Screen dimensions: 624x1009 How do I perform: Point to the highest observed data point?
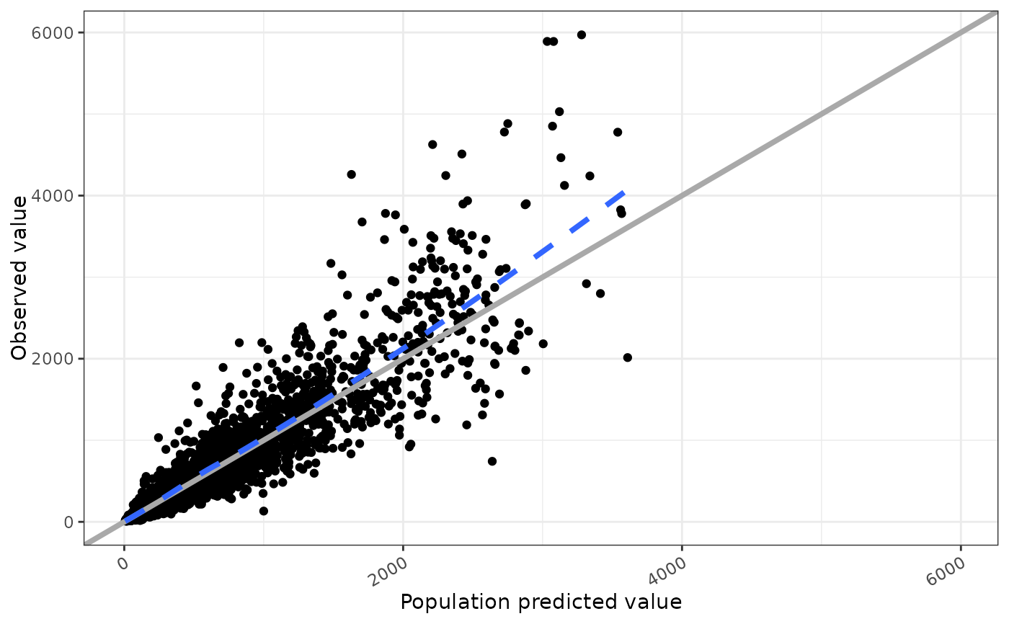tap(582, 35)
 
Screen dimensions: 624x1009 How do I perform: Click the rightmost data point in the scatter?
tap(627, 357)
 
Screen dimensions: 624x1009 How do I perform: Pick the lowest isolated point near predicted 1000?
tap(264, 511)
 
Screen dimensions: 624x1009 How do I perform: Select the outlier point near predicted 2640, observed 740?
tap(492, 461)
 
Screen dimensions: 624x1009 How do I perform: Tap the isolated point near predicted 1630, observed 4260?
tap(352, 174)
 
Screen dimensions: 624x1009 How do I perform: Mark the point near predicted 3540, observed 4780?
tap(618, 132)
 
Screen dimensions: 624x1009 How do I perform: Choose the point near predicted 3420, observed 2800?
tap(600, 293)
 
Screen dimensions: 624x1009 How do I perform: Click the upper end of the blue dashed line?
tap(624, 193)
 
